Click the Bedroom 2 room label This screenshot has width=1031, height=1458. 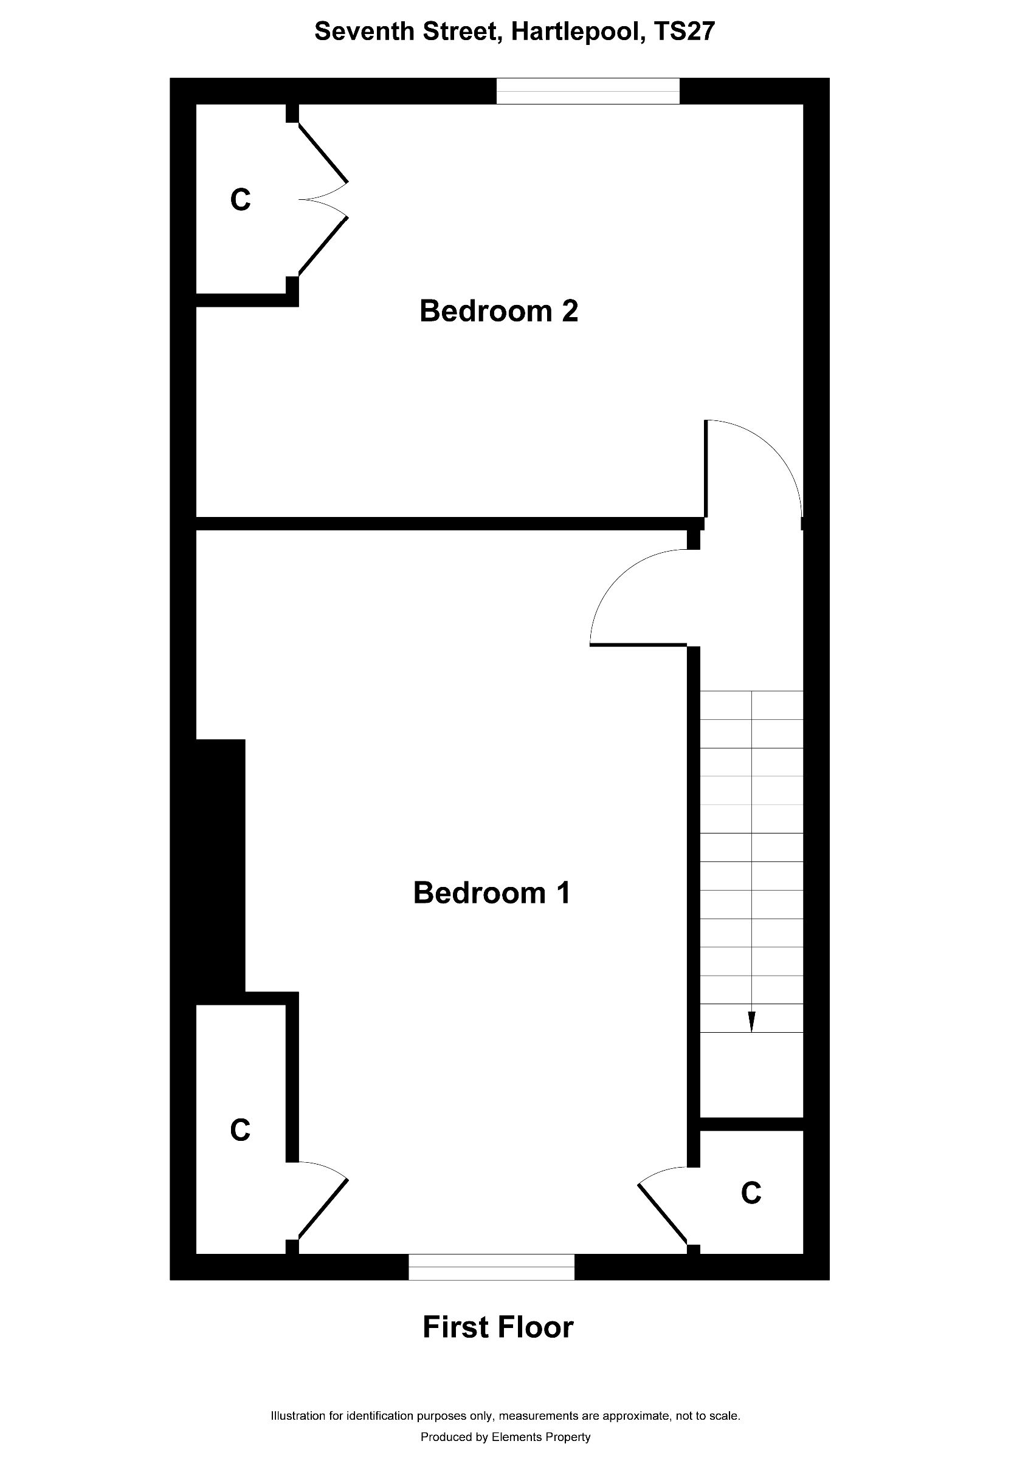click(498, 312)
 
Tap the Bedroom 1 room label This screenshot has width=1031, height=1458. click(492, 893)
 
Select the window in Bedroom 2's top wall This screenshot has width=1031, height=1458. click(588, 91)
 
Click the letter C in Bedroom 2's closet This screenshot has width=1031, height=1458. click(240, 200)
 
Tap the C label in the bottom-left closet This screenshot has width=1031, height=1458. click(240, 1131)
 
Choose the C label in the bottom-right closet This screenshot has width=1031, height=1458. click(751, 1193)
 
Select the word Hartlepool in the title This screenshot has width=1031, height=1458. click(574, 32)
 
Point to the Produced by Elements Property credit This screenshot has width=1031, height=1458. click(506, 1437)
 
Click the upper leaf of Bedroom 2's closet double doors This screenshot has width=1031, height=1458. click(323, 152)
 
